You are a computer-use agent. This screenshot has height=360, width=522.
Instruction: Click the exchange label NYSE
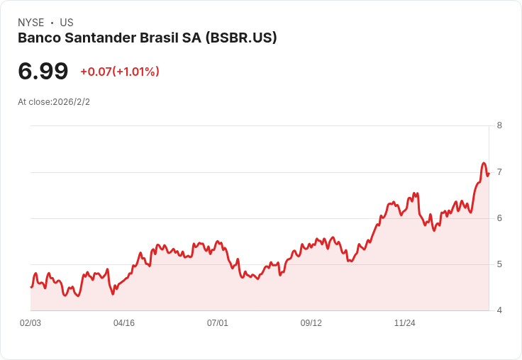point(31,23)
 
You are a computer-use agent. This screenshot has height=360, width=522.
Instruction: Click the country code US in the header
point(67,23)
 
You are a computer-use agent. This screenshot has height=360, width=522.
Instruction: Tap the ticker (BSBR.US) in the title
point(241,38)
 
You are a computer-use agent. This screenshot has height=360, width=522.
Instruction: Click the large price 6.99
point(43,71)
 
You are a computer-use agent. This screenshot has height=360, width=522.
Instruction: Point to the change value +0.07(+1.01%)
point(119,72)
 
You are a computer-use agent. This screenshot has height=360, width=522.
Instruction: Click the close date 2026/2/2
point(71,102)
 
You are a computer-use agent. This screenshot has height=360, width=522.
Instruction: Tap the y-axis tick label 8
point(499,125)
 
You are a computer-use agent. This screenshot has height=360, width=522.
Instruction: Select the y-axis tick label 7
point(499,172)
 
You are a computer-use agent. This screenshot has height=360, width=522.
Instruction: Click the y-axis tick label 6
point(499,218)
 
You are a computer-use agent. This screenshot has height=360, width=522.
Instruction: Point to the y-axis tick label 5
point(499,264)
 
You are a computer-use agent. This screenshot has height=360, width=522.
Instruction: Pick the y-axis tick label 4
point(499,310)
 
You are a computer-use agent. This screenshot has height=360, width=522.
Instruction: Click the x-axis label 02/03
point(30,323)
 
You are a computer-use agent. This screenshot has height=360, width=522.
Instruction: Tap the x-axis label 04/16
point(124,323)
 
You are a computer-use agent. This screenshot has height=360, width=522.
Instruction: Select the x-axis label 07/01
point(218,323)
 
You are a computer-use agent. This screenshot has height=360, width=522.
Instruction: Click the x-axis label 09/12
point(311,323)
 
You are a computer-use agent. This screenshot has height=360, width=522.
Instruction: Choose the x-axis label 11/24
point(405,323)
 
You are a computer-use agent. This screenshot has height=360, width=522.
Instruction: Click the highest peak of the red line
point(484,164)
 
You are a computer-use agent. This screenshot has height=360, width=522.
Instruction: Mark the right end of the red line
point(489,174)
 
